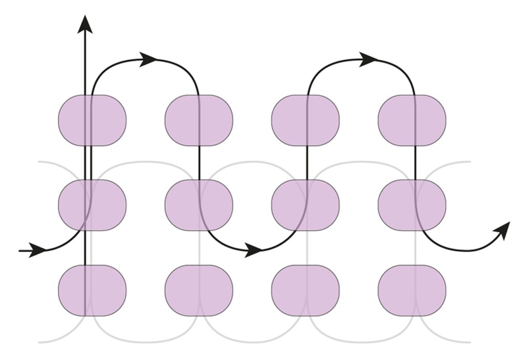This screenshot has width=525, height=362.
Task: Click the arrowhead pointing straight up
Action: point(85,25)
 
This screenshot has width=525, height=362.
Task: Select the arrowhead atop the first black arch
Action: point(149,59)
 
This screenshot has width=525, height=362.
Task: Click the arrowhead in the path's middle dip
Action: point(253,250)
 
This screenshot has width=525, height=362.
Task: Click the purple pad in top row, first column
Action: point(92,120)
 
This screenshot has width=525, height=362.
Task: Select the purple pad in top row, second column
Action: point(199,120)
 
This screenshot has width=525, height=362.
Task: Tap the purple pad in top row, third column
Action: point(306,120)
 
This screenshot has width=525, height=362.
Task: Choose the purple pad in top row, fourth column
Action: point(412,120)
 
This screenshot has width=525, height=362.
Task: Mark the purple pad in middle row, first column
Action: point(92,205)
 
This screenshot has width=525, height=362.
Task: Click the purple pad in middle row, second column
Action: point(199,205)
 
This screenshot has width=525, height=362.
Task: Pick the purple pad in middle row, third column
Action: point(306,205)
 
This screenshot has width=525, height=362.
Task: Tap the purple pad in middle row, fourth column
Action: point(412,205)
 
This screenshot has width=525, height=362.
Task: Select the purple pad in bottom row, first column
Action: point(92,290)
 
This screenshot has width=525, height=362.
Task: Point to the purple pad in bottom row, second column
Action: point(199,290)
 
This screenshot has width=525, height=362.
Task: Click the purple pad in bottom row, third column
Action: point(306,290)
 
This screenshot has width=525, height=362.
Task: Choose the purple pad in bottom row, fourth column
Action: point(412,290)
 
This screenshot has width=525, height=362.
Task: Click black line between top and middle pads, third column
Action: point(307,163)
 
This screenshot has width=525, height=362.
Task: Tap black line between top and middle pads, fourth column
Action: point(415,163)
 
